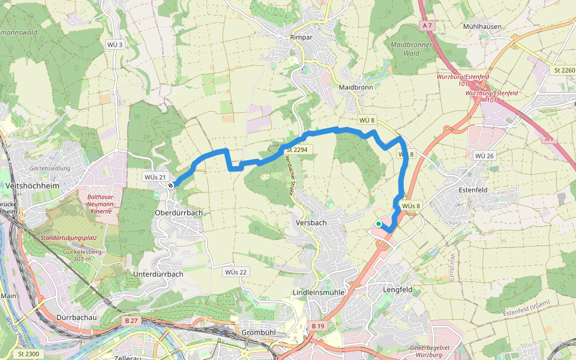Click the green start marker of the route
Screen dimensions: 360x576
379,224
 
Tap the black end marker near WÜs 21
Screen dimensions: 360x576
171,185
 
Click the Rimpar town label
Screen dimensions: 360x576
302,37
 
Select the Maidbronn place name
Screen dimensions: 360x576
356,87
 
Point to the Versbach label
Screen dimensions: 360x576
311,223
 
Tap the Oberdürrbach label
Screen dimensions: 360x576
179,213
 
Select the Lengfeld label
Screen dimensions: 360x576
398,289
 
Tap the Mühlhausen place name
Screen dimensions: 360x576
482,27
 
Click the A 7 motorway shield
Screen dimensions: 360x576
427,26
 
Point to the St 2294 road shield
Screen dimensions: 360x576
297,149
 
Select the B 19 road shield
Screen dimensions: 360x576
318,326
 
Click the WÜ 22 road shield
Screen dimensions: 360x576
236,272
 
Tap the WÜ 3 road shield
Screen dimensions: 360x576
115,45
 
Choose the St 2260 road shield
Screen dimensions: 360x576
565,70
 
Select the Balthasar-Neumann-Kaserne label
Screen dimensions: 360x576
100,204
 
